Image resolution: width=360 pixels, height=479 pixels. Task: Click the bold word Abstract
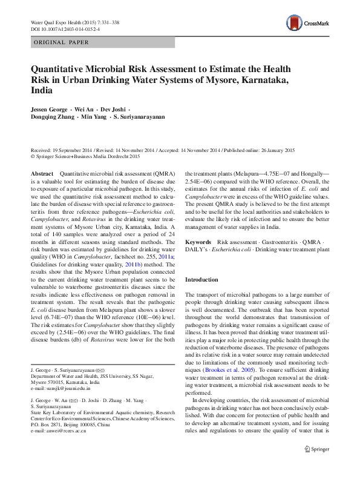[x=42, y=174]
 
